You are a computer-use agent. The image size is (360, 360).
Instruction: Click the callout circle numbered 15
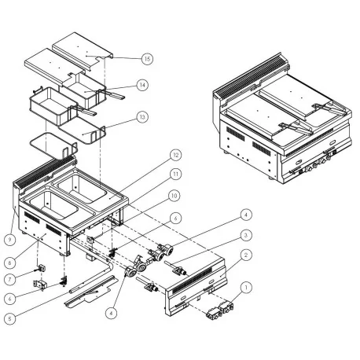coord(147,58)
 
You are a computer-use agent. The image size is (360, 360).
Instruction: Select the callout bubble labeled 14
coord(142,85)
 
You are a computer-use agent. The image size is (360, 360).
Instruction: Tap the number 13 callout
coord(141,116)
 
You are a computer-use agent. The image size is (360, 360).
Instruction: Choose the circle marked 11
coord(176,173)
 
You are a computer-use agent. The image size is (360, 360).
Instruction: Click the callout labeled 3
coord(246,235)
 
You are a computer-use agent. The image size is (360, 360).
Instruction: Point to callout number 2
coord(246,255)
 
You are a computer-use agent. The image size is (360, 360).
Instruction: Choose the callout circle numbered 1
coord(246,288)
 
